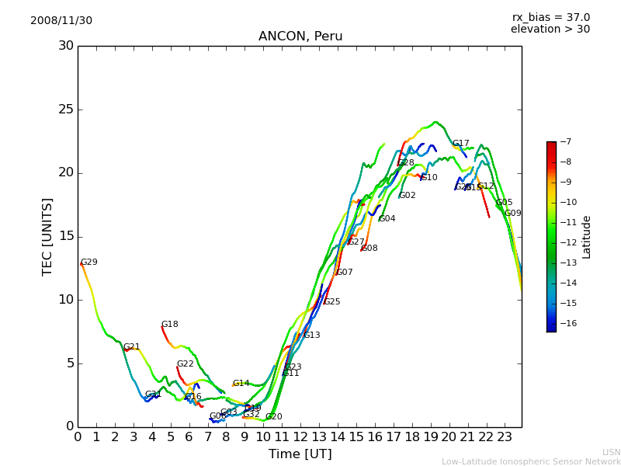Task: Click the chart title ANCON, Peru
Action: (x=300, y=37)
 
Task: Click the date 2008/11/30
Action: (x=61, y=21)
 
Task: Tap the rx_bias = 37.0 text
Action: (x=550, y=17)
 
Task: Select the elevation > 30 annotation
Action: (x=550, y=30)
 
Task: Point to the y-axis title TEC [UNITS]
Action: (x=48, y=236)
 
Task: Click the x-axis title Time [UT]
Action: (x=300, y=454)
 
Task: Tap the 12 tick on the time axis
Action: (x=300, y=436)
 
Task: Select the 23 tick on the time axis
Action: (x=505, y=436)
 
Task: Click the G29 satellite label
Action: (x=89, y=263)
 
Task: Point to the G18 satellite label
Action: (x=170, y=325)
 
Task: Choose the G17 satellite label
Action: (x=461, y=144)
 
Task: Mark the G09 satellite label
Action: (x=513, y=214)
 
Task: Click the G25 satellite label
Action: (x=332, y=302)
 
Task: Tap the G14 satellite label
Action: (x=241, y=384)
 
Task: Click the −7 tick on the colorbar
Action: (x=564, y=142)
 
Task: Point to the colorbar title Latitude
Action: (x=587, y=236)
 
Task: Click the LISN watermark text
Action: (x=612, y=452)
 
